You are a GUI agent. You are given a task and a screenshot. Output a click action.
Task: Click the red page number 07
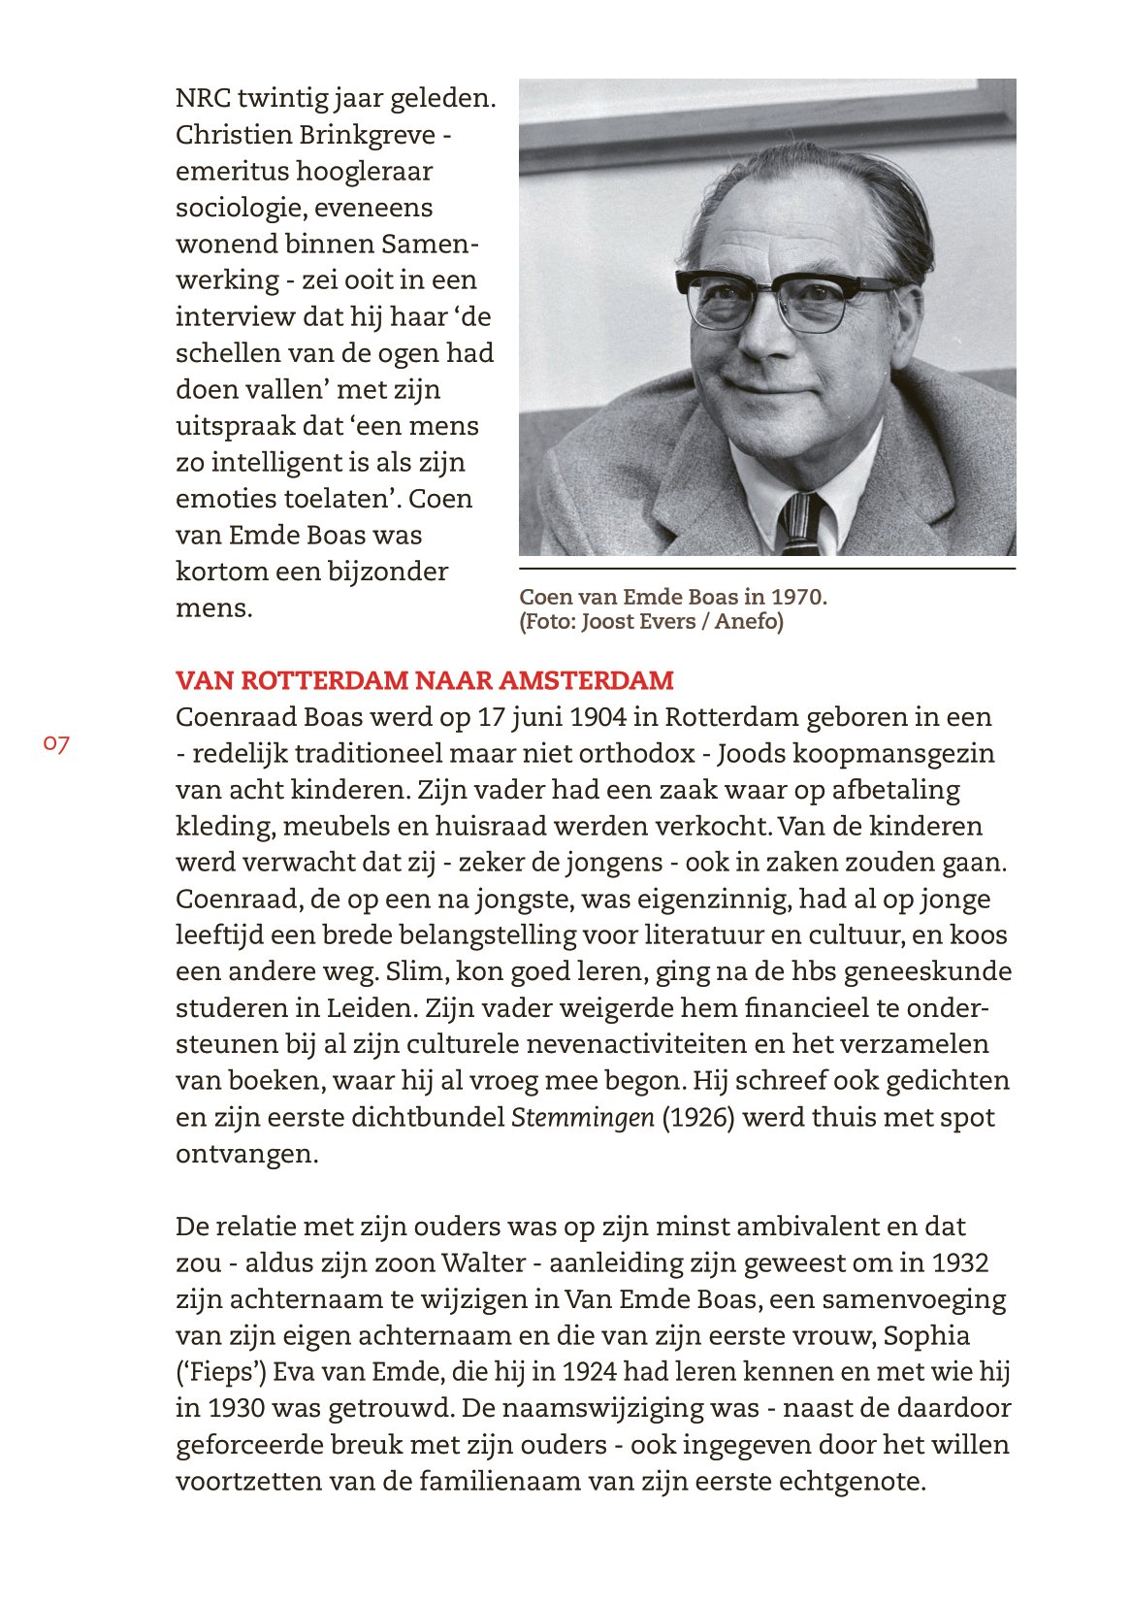[x=56, y=744]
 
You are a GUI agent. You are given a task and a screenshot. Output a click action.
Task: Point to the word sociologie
[x=238, y=208]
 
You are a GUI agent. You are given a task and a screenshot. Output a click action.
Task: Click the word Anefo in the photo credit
[x=749, y=621]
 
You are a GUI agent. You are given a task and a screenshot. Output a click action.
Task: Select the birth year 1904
[x=598, y=717]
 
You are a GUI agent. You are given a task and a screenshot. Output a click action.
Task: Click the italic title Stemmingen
[x=582, y=1118]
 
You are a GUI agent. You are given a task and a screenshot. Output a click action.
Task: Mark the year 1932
[x=960, y=1263]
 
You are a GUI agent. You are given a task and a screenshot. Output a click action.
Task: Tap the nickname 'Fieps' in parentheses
[x=220, y=1373]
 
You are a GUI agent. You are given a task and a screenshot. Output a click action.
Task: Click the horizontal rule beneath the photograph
[x=767, y=569]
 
